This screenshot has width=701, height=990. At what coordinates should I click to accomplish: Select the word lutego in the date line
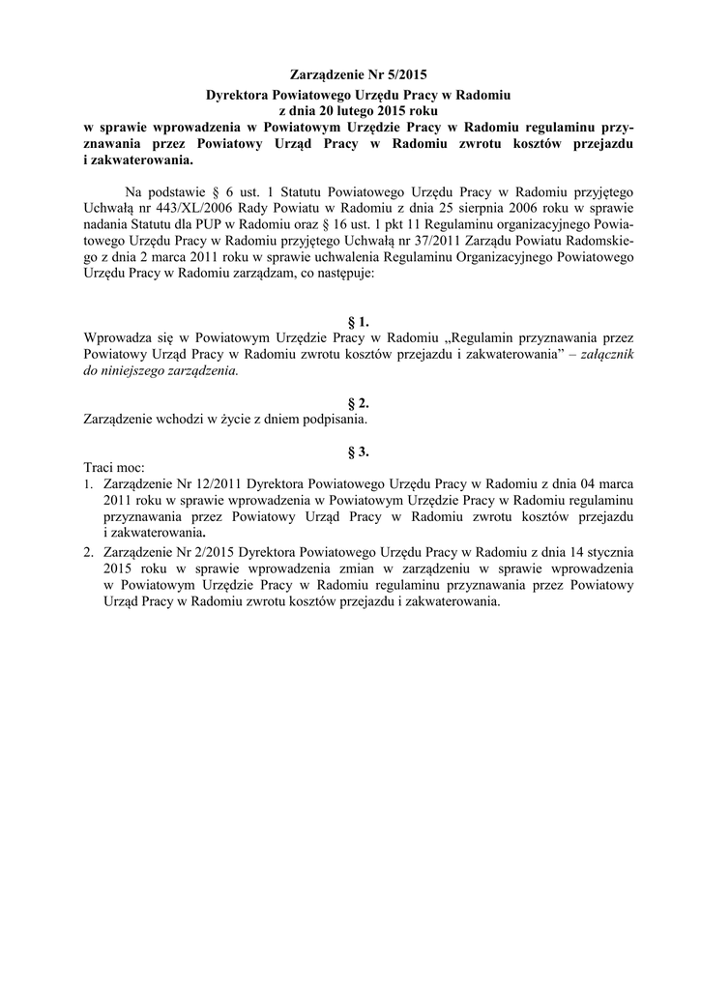pyautogui.click(x=342, y=111)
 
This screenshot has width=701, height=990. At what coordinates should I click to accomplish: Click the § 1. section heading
pyautogui.click(x=358, y=322)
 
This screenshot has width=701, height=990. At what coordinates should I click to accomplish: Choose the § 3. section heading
pyautogui.click(x=358, y=451)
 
